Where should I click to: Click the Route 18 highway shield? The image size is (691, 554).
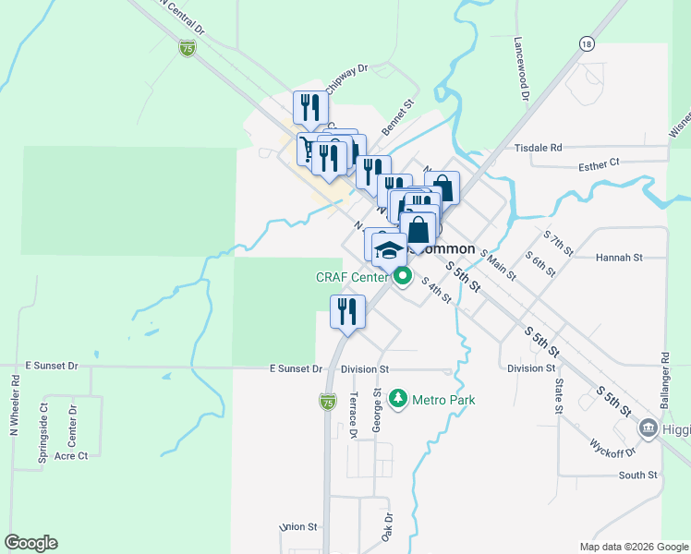coord(586,43)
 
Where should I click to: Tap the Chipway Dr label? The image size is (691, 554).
coord(348,68)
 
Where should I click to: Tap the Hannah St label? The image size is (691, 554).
coord(618,258)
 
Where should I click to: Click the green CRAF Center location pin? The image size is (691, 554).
coord(402,275)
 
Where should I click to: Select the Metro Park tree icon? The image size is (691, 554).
coord(398,399)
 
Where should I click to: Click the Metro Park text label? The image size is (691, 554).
coord(443,400)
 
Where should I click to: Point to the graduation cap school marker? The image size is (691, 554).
coord(390,250)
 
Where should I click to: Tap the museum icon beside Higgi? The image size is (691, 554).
coord(648,428)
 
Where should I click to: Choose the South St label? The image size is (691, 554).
coord(637,476)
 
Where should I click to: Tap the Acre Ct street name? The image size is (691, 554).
coord(71,456)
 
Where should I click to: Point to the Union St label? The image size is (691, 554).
coord(298,527)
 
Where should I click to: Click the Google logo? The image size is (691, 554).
coord(30,543)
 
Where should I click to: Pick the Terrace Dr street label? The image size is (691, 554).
coord(353,415)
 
